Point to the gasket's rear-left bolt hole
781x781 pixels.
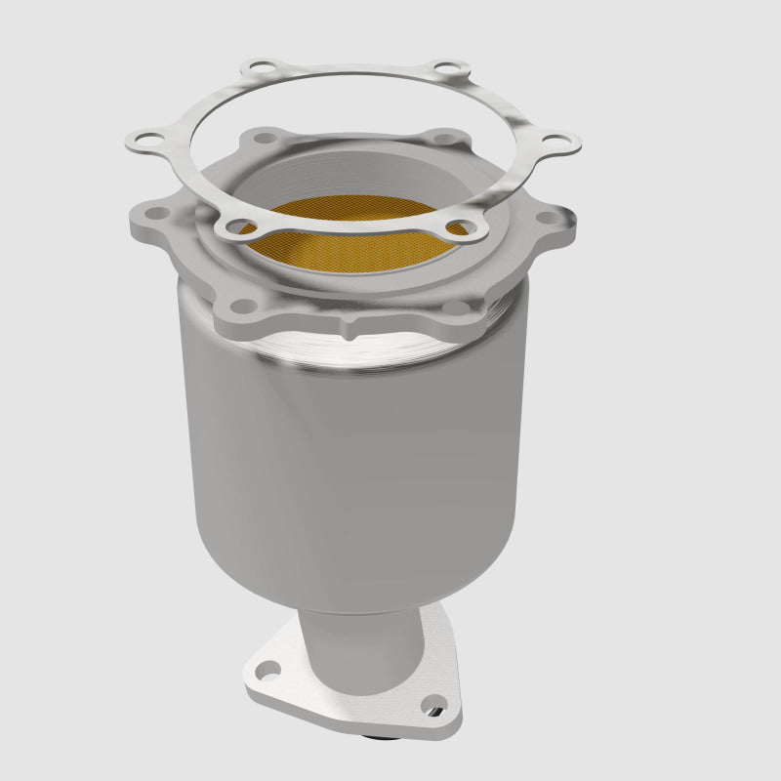point(256,70)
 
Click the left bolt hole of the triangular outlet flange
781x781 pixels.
point(265,670)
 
